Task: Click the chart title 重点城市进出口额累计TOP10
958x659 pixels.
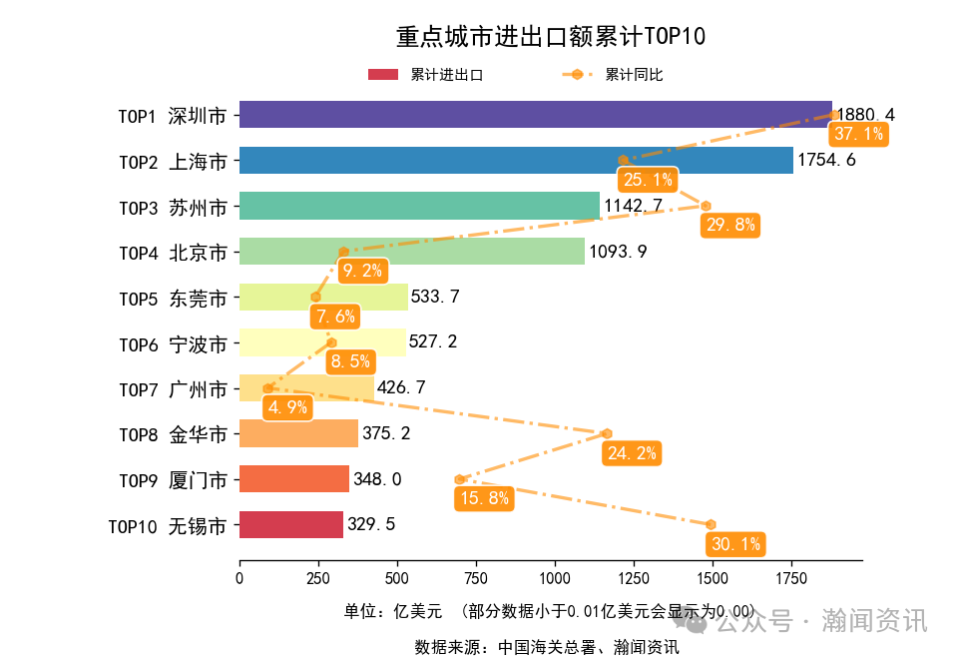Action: [x=551, y=38]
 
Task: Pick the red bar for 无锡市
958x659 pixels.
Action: [x=290, y=525]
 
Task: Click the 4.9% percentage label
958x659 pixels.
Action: [x=286, y=407]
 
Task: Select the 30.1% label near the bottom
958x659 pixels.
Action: [x=736, y=544]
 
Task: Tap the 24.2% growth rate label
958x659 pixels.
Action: [x=632, y=453]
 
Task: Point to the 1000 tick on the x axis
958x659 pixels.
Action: [x=555, y=577]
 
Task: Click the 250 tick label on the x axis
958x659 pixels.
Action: [x=318, y=577]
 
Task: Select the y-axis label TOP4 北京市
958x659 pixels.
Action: [x=173, y=252]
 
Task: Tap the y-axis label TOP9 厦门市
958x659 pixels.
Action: [x=173, y=480]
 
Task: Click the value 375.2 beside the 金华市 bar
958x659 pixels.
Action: [x=386, y=433]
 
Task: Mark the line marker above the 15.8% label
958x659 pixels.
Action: [x=459, y=479]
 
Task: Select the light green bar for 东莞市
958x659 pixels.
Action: [x=323, y=298]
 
